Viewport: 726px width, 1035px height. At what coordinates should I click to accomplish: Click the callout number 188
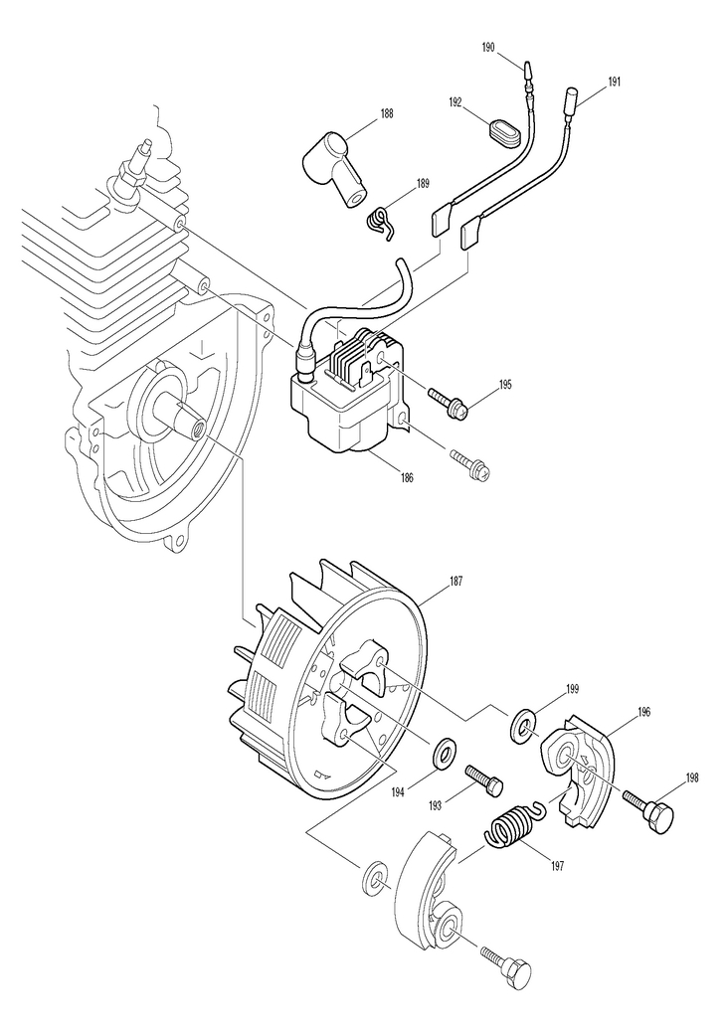coord(386,113)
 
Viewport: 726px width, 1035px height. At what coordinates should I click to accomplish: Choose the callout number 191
coord(614,82)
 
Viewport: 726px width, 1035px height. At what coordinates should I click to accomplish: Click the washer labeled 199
coord(522,727)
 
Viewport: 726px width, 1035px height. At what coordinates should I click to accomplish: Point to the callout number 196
coord(644,712)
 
